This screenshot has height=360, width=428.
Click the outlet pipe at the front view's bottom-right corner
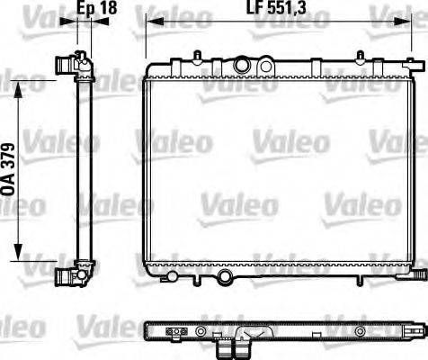[x=421, y=269]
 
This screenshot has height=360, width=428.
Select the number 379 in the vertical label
[x=9, y=156]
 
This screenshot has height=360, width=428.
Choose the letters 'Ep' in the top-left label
[x=84, y=10]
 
